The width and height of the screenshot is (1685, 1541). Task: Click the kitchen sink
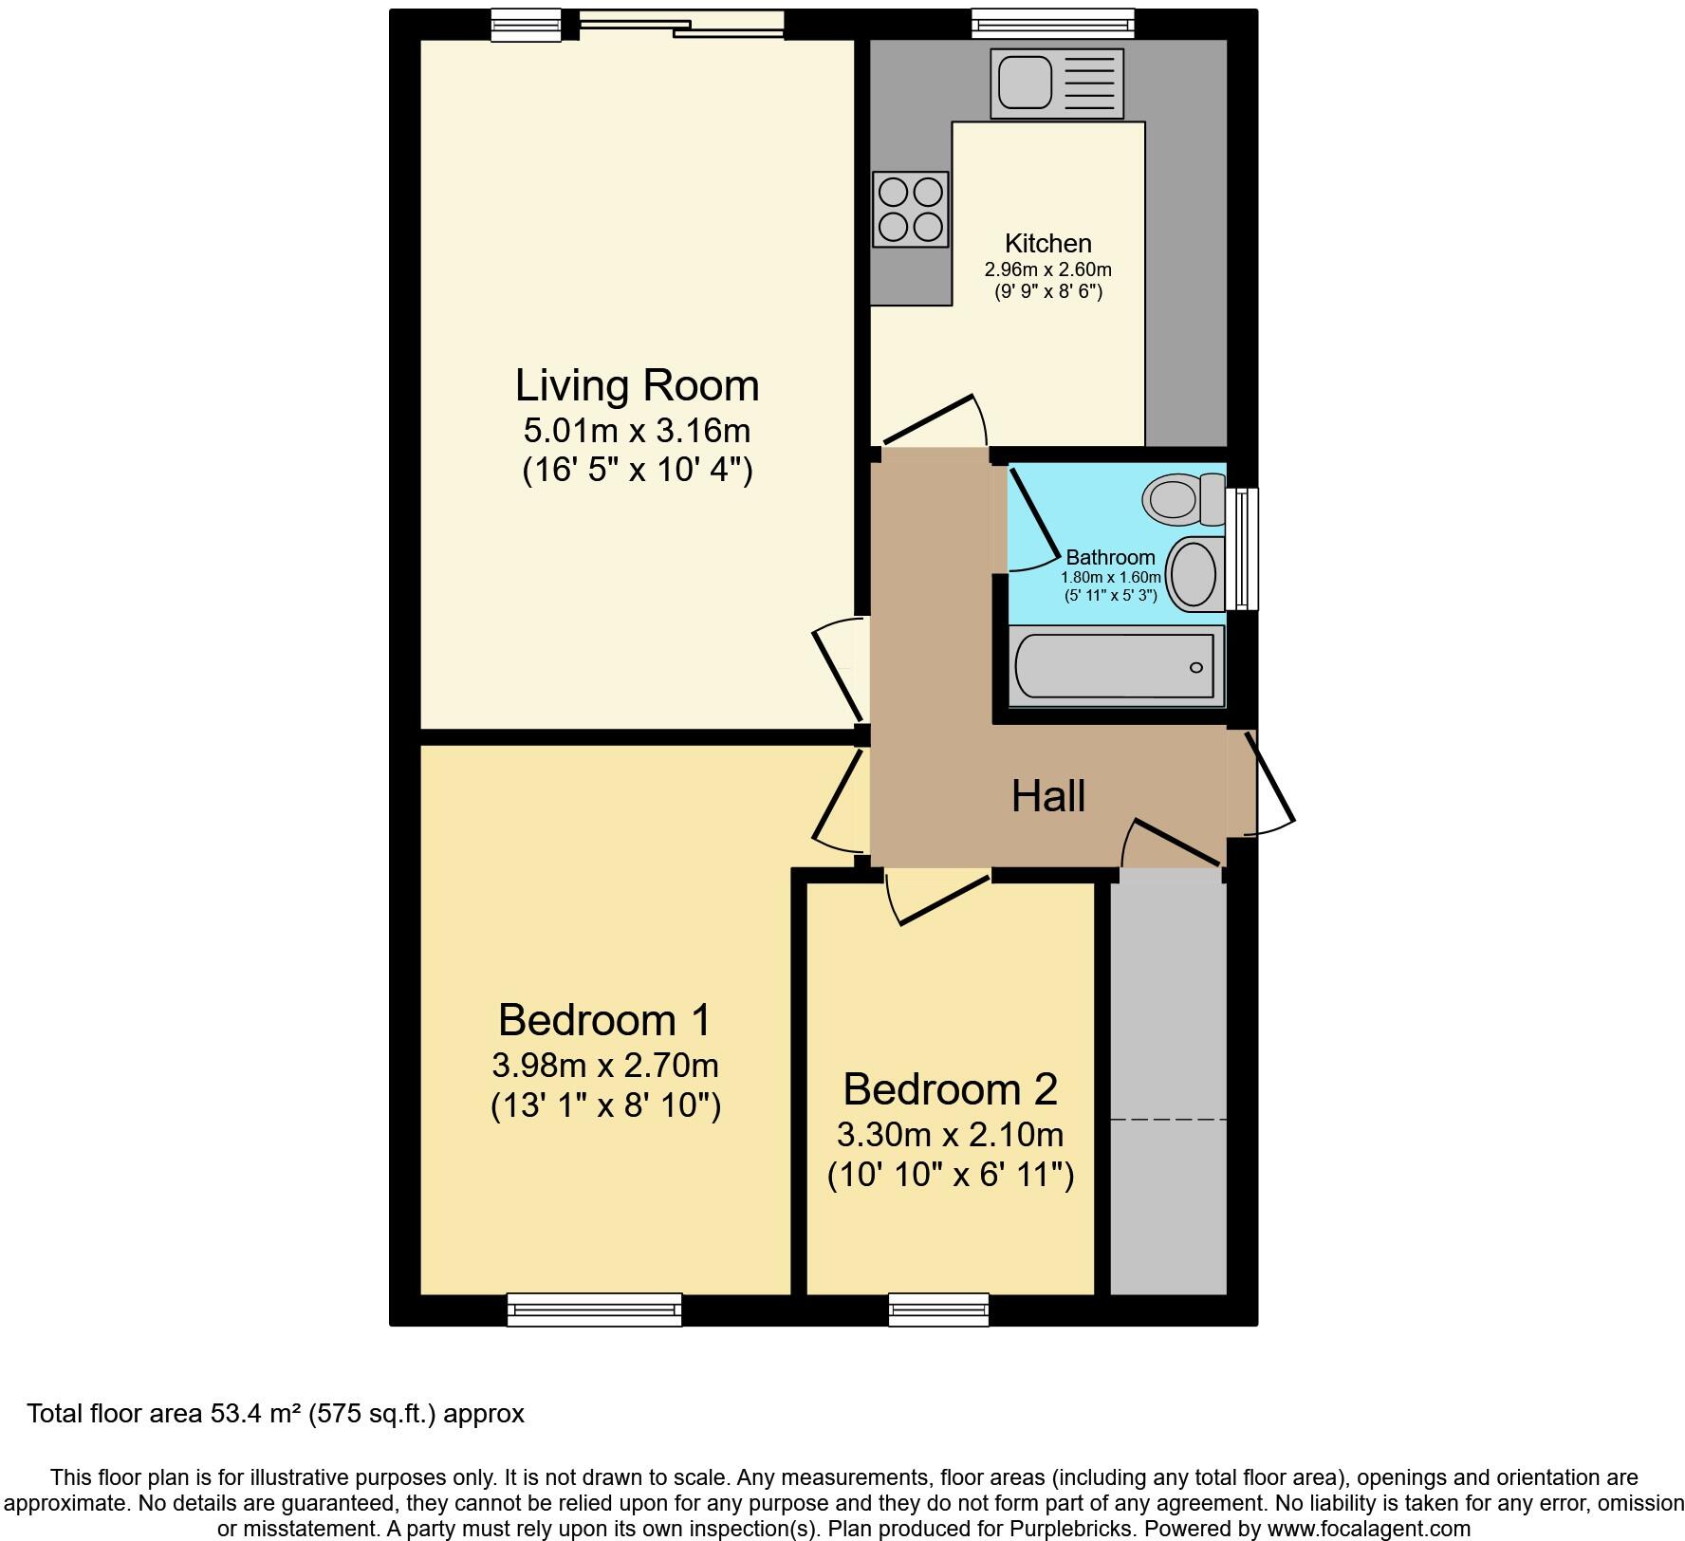[x=1057, y=84]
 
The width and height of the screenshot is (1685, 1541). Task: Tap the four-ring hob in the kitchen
[x=911, y=209]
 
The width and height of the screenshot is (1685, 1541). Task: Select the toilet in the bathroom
[x=1185, y=498]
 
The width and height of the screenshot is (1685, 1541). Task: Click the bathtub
[x=1116, y=666]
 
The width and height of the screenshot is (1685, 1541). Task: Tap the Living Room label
[x=638, y=386]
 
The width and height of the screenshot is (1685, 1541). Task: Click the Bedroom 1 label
[x=604, y=1020]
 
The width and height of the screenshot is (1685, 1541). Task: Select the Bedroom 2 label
[x=950, y=1089]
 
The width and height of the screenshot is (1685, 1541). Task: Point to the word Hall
[x=1047, y=796]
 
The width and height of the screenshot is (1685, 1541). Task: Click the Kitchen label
[x=1048, y=244]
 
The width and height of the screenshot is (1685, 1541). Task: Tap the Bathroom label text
[x=1111, y=558]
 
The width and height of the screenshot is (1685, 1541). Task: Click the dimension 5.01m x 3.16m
[x=637, y=431]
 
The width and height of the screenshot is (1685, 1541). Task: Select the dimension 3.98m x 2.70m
[x=605, y=1066]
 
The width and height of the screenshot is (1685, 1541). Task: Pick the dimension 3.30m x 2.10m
[x=950, y=1135]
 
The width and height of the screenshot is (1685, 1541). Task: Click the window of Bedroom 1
[x=594, y=1309]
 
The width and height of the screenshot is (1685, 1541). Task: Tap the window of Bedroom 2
[x=938, y=1309]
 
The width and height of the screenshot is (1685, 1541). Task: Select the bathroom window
[x=1242, y=548]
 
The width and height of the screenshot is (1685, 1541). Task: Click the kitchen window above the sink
[x=1053, y=24]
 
